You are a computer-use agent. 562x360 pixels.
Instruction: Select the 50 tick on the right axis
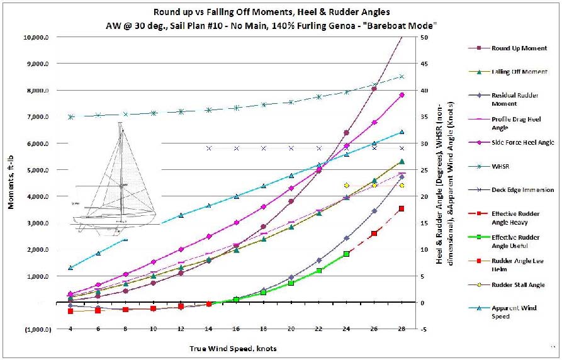425,37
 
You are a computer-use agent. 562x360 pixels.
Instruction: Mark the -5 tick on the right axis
425,329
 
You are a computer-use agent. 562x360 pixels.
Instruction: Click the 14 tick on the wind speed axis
208,329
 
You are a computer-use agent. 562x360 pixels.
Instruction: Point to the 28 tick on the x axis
402,329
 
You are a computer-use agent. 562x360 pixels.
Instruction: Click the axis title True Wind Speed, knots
233,348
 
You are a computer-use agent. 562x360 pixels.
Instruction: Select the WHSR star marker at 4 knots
71,117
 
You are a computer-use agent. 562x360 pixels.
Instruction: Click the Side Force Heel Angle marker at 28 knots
402,95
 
